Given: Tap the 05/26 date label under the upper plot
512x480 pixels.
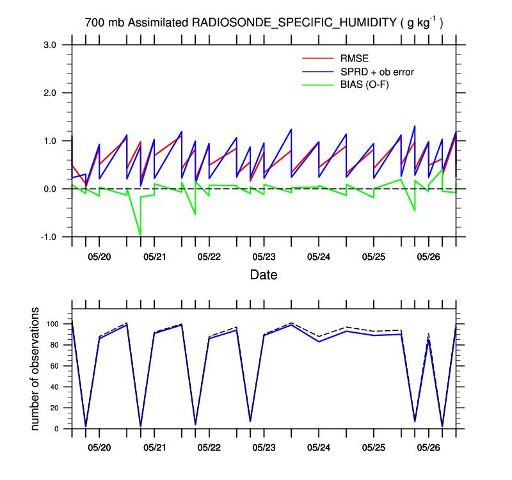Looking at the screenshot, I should coord(428,257).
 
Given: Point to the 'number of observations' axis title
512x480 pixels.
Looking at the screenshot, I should coord(36,369).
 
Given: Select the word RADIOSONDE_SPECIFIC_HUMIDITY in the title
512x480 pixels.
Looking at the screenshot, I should coord(293,23).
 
